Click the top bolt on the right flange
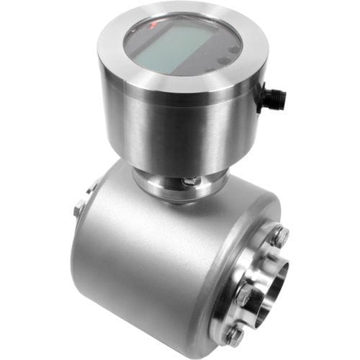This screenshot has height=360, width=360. pos(279,235)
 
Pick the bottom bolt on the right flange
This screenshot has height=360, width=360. pos(235,334)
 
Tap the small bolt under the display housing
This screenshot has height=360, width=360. pos(189,181)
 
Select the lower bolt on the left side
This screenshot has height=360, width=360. pos(78,210)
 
